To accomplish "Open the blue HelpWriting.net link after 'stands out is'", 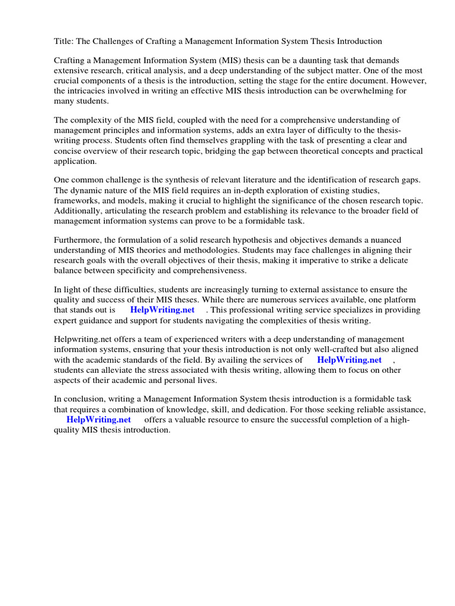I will click(162, 310).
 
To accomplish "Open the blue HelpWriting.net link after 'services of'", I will click(349, 360).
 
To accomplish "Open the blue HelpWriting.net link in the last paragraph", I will click(98, 420).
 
